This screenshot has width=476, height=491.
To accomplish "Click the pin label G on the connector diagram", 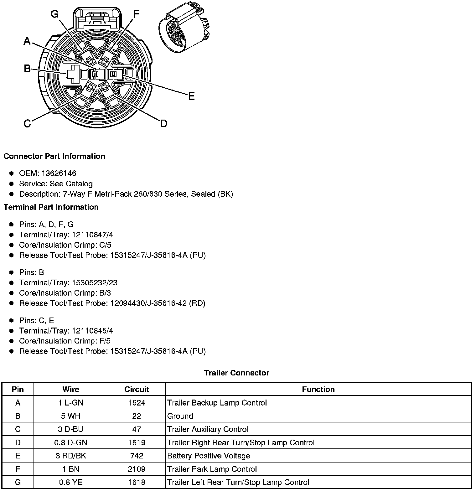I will tap(55, 14).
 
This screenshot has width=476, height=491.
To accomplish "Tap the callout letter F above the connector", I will tap(136, 14).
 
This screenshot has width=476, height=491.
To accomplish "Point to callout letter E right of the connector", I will tap(191, 96).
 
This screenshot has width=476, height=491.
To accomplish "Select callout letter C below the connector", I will tap(27, 124).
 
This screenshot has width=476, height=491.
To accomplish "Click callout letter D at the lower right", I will tap(163, 124).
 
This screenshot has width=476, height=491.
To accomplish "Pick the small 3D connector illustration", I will tap(184, 30).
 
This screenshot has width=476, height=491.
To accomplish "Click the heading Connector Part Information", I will tap(54, 156).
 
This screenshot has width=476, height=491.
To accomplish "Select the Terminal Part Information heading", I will tap(51, 207).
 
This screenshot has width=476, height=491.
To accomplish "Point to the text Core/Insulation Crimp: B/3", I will tap(65, 293).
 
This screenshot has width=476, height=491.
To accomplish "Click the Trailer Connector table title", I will tap(236, 373).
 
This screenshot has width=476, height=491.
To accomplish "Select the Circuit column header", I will tap(137, 389).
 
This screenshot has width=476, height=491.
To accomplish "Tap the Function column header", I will tap(318, 389).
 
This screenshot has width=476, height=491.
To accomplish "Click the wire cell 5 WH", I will tap(71, 416).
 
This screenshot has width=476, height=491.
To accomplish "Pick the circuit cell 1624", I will tap(137, 403).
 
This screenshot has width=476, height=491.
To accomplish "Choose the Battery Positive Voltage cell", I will tap(209, 456).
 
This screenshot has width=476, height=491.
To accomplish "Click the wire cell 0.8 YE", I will tap(71, 483).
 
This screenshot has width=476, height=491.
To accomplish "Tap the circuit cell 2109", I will tap(137, 469).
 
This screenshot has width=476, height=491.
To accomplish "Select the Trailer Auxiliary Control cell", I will tap(208, 429).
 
